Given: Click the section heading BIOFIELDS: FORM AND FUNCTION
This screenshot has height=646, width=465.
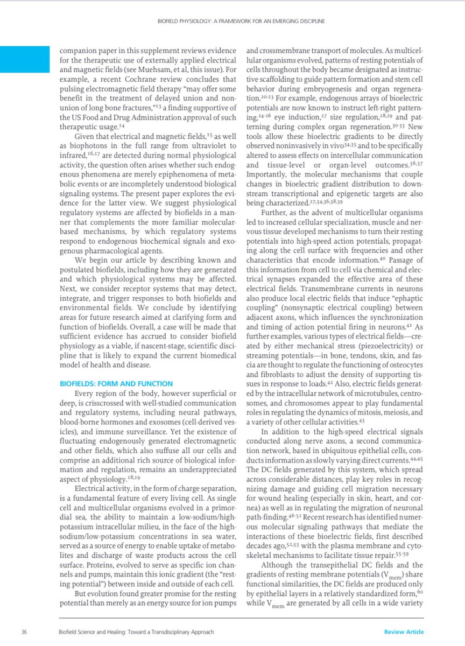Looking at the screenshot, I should tap(116, 383).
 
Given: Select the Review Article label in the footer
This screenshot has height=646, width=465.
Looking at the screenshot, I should tap(404, 631).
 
